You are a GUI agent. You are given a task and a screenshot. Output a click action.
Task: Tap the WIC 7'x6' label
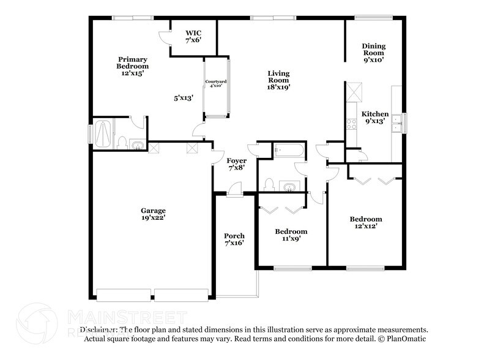[x=193, y=36]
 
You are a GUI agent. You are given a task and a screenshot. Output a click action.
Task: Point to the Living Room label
[x=278, y=80]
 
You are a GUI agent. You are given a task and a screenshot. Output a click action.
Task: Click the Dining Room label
[x=373, y=53]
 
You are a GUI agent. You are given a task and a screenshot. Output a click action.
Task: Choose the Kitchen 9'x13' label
[x=374, y=118]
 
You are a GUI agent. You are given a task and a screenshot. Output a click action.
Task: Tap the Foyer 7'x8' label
[x=236, y=163]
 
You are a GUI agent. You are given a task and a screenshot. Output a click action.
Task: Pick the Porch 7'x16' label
[x=234, y=239]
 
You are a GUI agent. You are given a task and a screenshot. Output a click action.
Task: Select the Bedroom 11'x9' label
[x=291, y=235]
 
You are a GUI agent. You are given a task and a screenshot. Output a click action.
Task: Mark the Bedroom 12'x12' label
[x=366, y=223]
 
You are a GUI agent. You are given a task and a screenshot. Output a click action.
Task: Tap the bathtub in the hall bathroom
[x=286, y=149]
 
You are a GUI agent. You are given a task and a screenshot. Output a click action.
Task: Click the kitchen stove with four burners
[x=352, y=124]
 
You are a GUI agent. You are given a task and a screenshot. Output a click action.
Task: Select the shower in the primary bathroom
[x=103, y=133]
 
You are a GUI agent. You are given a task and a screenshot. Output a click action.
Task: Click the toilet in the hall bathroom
[x=269, y=183]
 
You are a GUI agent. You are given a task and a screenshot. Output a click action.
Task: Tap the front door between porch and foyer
[x=233, y=193]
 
